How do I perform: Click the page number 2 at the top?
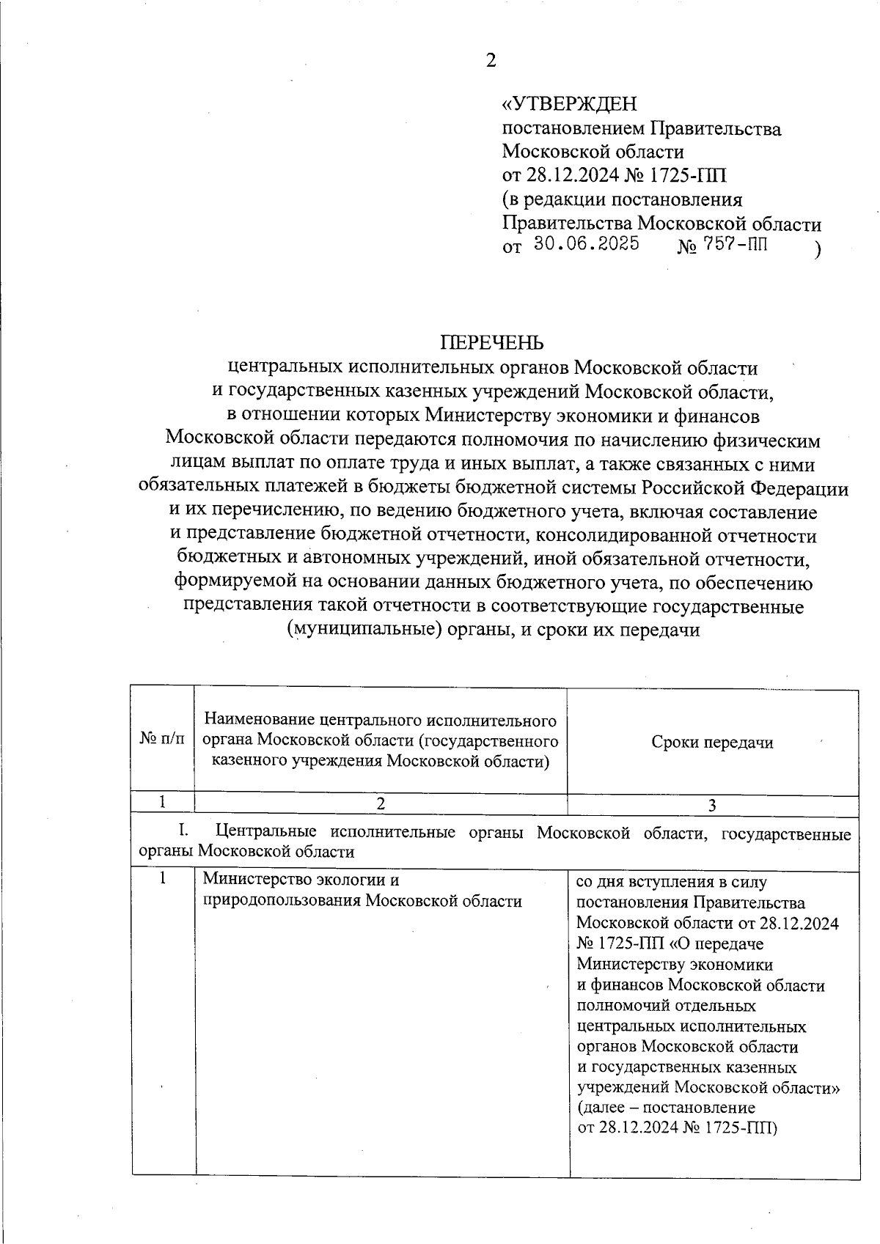[x=491, y=61]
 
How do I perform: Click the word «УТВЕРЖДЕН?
[x=569, y=104]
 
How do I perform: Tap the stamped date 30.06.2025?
[x=587, y=244]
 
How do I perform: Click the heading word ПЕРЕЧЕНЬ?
[x=492, y=342]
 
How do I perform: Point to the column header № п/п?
[x=161, y=741]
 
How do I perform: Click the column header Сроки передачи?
[x=712, y=743]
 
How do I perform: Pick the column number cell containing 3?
[x=712, y=806]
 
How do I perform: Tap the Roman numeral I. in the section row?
[x=185, y=832]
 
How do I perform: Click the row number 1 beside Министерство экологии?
[x=163, y=879]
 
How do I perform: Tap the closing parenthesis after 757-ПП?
[x=817, y=249]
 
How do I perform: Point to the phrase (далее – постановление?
[x=666, y=1107]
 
